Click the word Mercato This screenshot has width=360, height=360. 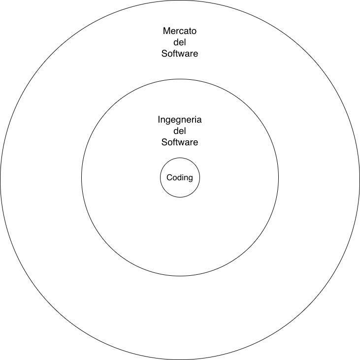pos(180,31)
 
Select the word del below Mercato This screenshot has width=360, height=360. pos(180,42)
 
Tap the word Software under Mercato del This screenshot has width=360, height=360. pos(180,54)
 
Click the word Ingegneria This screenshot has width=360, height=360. pos(180,120)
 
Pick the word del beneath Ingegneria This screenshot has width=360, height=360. pos(180,131)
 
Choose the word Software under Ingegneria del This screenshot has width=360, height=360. pos(180,142)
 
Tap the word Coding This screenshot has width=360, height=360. pos(180,178)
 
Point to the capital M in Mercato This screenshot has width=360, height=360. pos(166,31)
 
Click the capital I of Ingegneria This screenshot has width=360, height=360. pos(159,119)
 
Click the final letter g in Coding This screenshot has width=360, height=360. pos(190,179)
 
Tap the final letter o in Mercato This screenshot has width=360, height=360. pos(194,32)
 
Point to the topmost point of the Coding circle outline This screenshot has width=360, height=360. pos(180,158)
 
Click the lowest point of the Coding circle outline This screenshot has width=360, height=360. pos(180,197)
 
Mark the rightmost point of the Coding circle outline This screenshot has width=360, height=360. pos(200,178)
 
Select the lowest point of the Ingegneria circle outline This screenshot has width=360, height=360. pos(180,276)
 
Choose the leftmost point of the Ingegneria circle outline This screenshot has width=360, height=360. pos(81,178)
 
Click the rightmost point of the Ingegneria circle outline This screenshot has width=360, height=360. pos(279,178)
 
